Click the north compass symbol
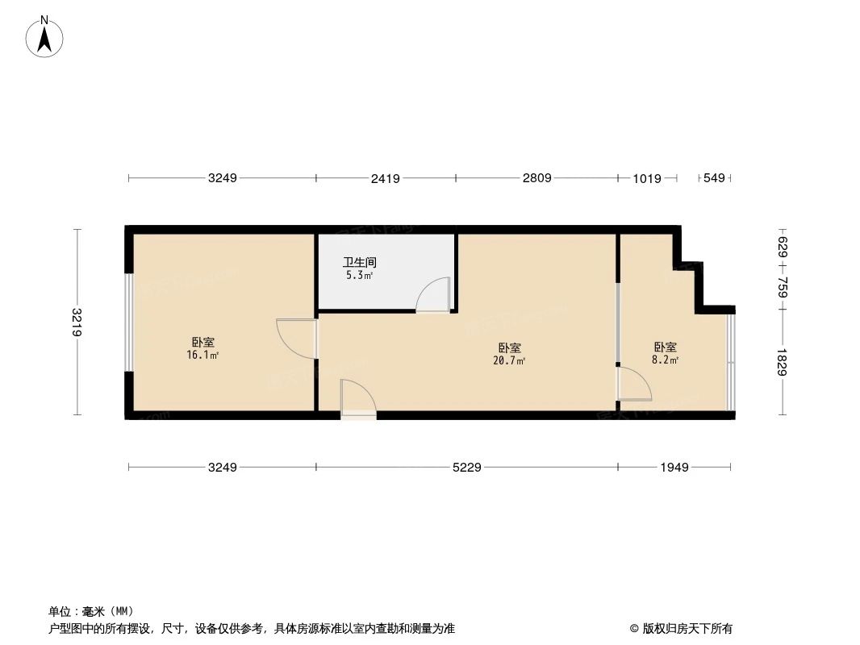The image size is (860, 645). point(45,37)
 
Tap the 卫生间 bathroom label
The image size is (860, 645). point(360,263)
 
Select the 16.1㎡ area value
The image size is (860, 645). point(203,356)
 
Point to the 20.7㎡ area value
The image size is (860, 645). point(509,361)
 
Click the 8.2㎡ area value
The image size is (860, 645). point(666,360)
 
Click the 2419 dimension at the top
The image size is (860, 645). point(386,179)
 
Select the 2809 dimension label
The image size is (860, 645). point(536,178)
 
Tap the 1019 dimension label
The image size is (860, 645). point(647,179)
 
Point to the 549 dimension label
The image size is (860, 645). point(715,178)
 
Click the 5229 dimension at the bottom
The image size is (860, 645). point(466,468)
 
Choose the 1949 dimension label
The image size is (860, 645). point(674,468)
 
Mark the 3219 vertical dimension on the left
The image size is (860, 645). point(77,322)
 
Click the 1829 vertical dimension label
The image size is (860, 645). point(783,362)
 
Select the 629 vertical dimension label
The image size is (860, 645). point(783,244)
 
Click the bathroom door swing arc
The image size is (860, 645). point(434,294)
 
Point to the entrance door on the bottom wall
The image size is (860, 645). point(357,398)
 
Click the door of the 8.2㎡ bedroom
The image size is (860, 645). point(634,385)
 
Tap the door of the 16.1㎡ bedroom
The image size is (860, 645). point(297,339)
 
